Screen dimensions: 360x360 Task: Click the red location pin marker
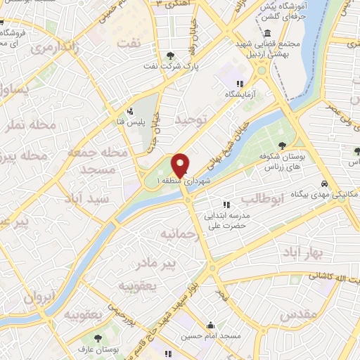[180, 165]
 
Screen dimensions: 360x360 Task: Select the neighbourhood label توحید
[193, 121]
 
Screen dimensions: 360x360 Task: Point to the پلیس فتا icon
[129, 110]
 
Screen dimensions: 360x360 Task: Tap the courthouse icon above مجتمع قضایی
[268, 34]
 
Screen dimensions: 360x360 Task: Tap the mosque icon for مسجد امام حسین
[211, 326]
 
